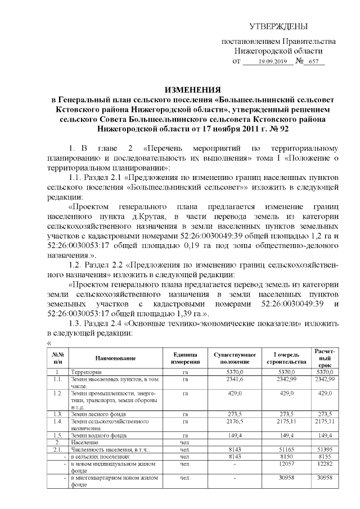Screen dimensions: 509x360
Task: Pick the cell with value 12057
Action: pos(287,465)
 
